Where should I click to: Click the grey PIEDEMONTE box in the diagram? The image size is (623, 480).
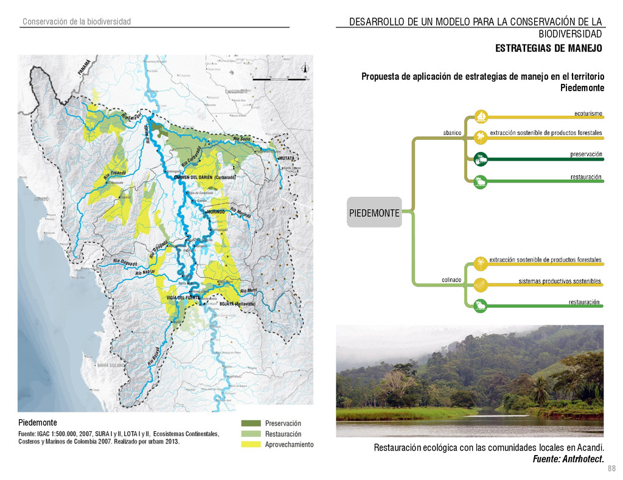point(374,212)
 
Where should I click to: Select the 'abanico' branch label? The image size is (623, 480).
point(451,133)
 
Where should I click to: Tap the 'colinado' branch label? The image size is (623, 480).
point(451,280)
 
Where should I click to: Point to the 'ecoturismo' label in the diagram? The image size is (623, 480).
point(588,113)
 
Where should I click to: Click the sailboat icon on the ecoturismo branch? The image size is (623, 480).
point(481,116)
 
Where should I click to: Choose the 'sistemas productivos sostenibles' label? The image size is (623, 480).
point(559,281)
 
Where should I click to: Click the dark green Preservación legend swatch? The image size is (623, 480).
point(251,423)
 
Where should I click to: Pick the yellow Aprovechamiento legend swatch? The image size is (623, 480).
point(251,445)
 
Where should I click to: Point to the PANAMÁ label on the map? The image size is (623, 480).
point(84,67)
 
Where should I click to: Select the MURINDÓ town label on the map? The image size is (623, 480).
point(216,211)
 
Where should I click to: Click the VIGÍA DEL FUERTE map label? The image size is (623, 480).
point(183,297)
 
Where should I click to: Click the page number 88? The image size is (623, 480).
point(611,468)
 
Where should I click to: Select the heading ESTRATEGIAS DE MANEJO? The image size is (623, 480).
point(548,48)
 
